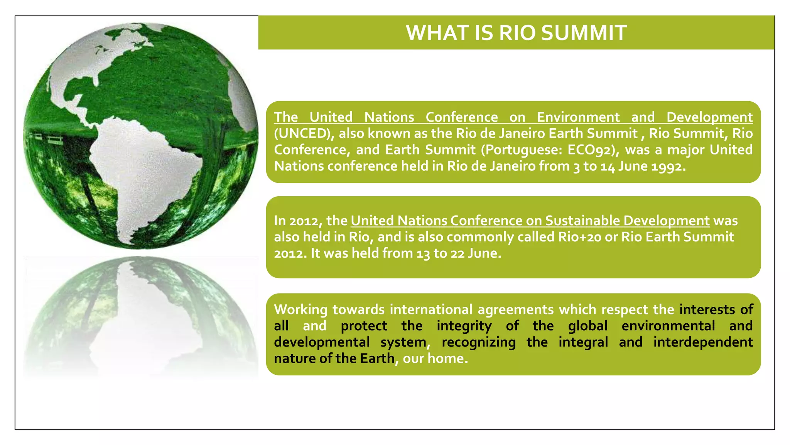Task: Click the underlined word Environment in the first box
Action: click(578, 117)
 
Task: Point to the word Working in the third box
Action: click(300, 310)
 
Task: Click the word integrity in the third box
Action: click(464, 326)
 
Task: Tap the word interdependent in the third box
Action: click(703, 342)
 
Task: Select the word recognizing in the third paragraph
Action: click(478, 342)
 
